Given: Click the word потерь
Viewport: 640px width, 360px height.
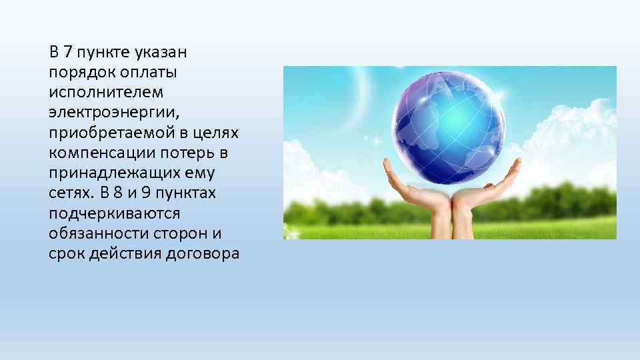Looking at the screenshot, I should coord(183,153).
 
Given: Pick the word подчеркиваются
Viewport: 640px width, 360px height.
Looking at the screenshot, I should coord(114,214).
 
